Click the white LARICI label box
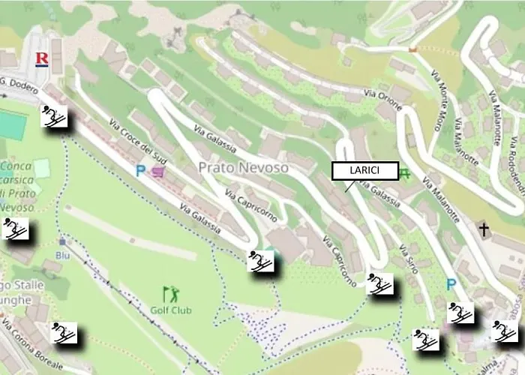click(x=364, y=171)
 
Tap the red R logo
click(x=42, y=58)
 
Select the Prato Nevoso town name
click(x=243, y=168)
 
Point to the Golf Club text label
click(x=171, y=310)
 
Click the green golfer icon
click(x=171, y=293)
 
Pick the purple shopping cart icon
click(x=158, y=172)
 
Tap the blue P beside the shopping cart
click(x=140, y=171)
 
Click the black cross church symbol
click(x=484, y=229)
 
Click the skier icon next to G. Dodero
click(x=53, y=116)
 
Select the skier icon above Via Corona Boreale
click(x=65, y=332)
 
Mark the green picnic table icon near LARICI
click(x=406, y=174)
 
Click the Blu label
click(x=62, y=255)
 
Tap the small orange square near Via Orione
click(x=412, y=49)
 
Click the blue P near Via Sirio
click(x=451, y=284)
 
